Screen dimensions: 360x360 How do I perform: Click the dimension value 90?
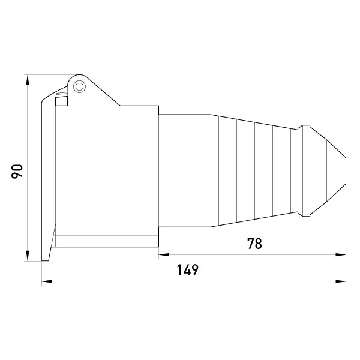point(17,171)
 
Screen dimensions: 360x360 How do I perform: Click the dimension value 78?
point(254,244)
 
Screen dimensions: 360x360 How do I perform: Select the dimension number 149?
point(187,270)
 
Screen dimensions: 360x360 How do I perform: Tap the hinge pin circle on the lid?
point(79,87)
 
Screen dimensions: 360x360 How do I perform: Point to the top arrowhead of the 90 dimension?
point(28,80)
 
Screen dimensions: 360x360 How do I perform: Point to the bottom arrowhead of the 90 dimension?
point(28,256)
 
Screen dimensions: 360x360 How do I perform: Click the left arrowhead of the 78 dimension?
point(164,254)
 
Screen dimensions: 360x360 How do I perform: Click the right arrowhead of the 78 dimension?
point(341,254)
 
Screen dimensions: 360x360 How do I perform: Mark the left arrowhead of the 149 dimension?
point(47,281)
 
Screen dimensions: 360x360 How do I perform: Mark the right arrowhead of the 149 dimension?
point(341,281)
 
